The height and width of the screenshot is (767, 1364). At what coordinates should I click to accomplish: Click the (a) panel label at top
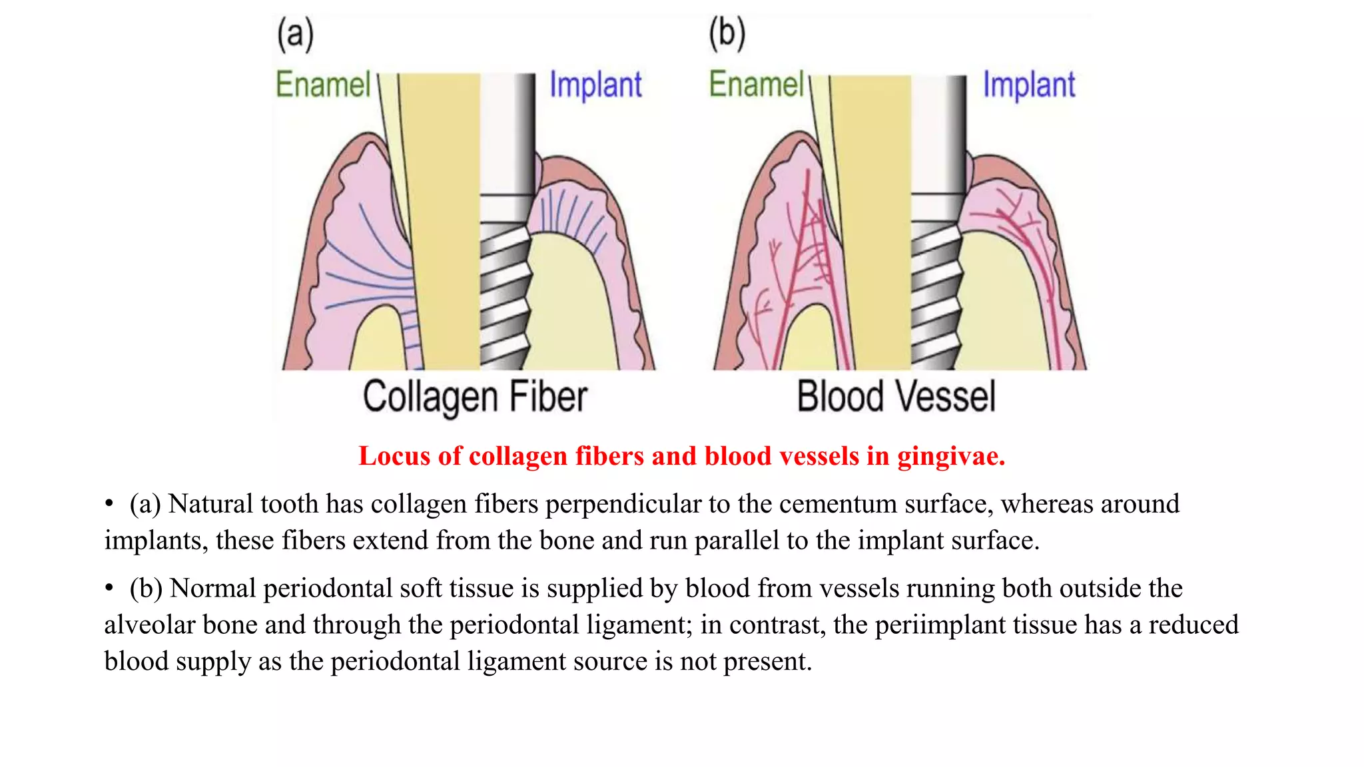(295, 35)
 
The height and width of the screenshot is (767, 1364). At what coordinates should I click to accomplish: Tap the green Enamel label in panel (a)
(323, 85)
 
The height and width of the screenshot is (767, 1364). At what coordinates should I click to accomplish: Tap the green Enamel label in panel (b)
(756, 85)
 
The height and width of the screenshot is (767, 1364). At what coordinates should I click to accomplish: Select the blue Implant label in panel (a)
(595, 85)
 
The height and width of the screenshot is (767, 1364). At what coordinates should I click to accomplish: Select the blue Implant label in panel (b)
(1029, 85)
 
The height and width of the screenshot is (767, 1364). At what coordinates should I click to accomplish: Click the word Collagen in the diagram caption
(430, 397)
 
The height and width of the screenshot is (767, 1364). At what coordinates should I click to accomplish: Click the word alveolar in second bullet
(150, 625)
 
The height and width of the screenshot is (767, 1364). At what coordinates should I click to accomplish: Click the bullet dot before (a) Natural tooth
(109, 505)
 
